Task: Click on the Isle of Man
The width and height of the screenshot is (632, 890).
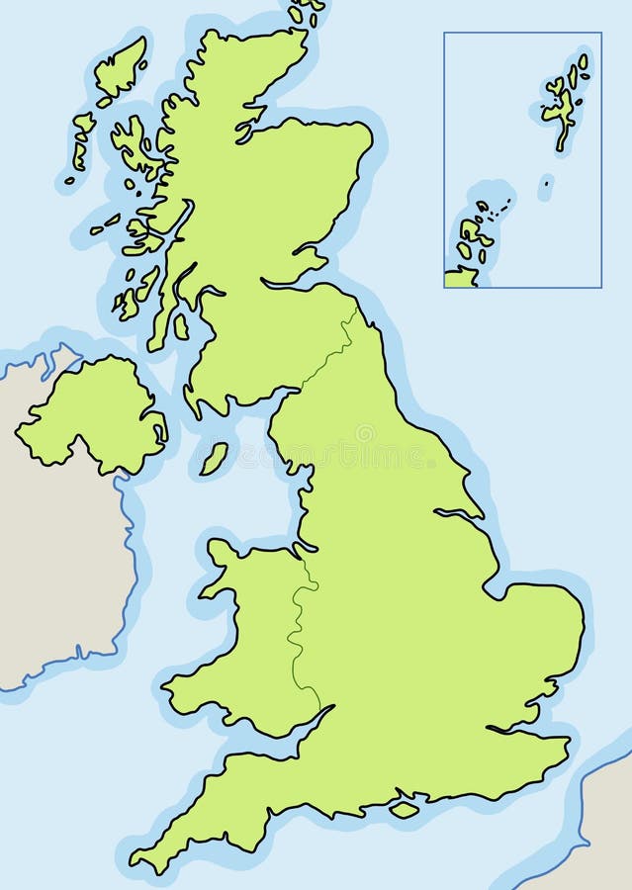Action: (213, 458)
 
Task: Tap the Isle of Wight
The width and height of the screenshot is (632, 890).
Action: (404, 809)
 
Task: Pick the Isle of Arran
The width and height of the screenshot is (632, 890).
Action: (181, 326)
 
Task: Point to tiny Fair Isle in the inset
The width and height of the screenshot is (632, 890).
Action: (545, 183)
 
